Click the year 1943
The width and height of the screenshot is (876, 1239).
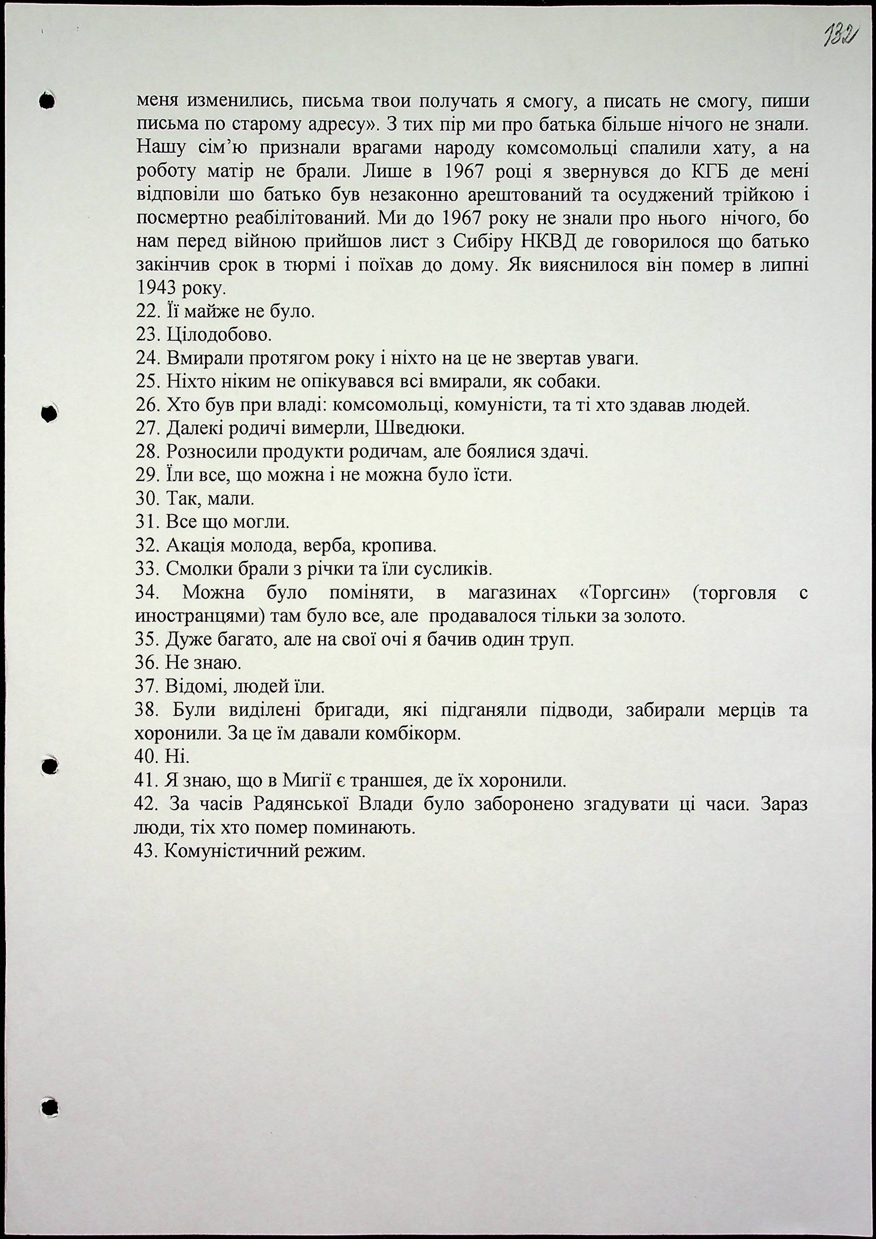tap(158, 289)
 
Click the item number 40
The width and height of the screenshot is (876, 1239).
tap(146, 758)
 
